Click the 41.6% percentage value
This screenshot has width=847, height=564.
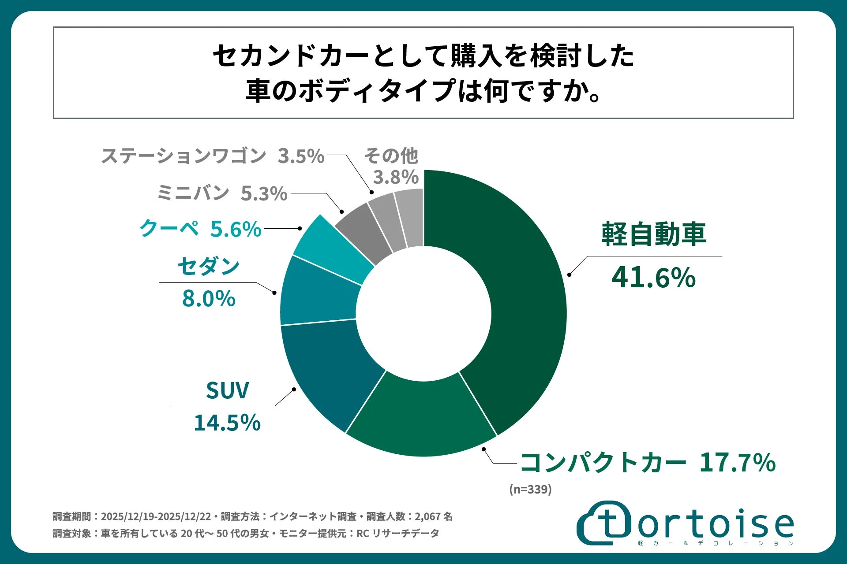653,278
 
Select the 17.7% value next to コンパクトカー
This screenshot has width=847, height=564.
737,463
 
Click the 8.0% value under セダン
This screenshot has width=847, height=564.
209,299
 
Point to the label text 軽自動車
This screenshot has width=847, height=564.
653,234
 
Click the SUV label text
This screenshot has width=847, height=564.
227,390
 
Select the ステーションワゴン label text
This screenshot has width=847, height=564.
184,156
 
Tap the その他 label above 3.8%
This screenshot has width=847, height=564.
391,156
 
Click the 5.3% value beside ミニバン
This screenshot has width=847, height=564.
264,194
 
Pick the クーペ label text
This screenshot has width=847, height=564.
169,229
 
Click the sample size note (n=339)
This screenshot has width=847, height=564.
530,490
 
